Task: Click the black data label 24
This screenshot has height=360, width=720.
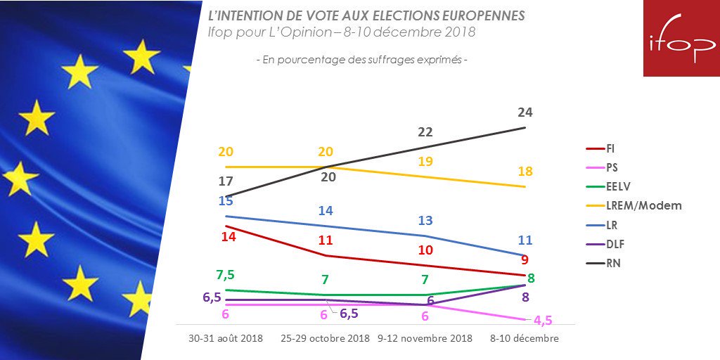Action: (x=525, y=112)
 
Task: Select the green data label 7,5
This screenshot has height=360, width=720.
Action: (x=226, y=274)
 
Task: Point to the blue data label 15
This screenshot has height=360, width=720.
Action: (x=226, y=200)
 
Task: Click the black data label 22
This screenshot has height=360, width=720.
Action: (x=425, y=131)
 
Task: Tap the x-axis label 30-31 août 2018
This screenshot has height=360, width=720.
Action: (x=226, y=338)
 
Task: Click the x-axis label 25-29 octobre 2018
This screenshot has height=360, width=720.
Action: (x=326, y=338)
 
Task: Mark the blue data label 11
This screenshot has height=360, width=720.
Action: (x=525, y=240)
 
